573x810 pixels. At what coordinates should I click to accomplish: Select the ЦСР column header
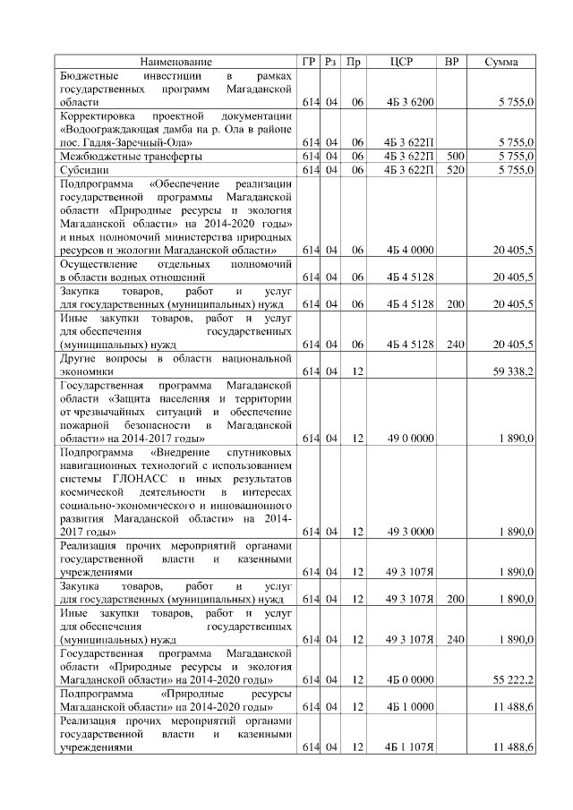[401, 62]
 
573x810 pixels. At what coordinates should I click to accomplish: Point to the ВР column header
[452, 62]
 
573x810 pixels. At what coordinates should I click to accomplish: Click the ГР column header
[309, 62]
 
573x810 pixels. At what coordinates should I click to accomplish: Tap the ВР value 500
[455, 156]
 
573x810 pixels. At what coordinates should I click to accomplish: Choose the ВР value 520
[455, 168]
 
